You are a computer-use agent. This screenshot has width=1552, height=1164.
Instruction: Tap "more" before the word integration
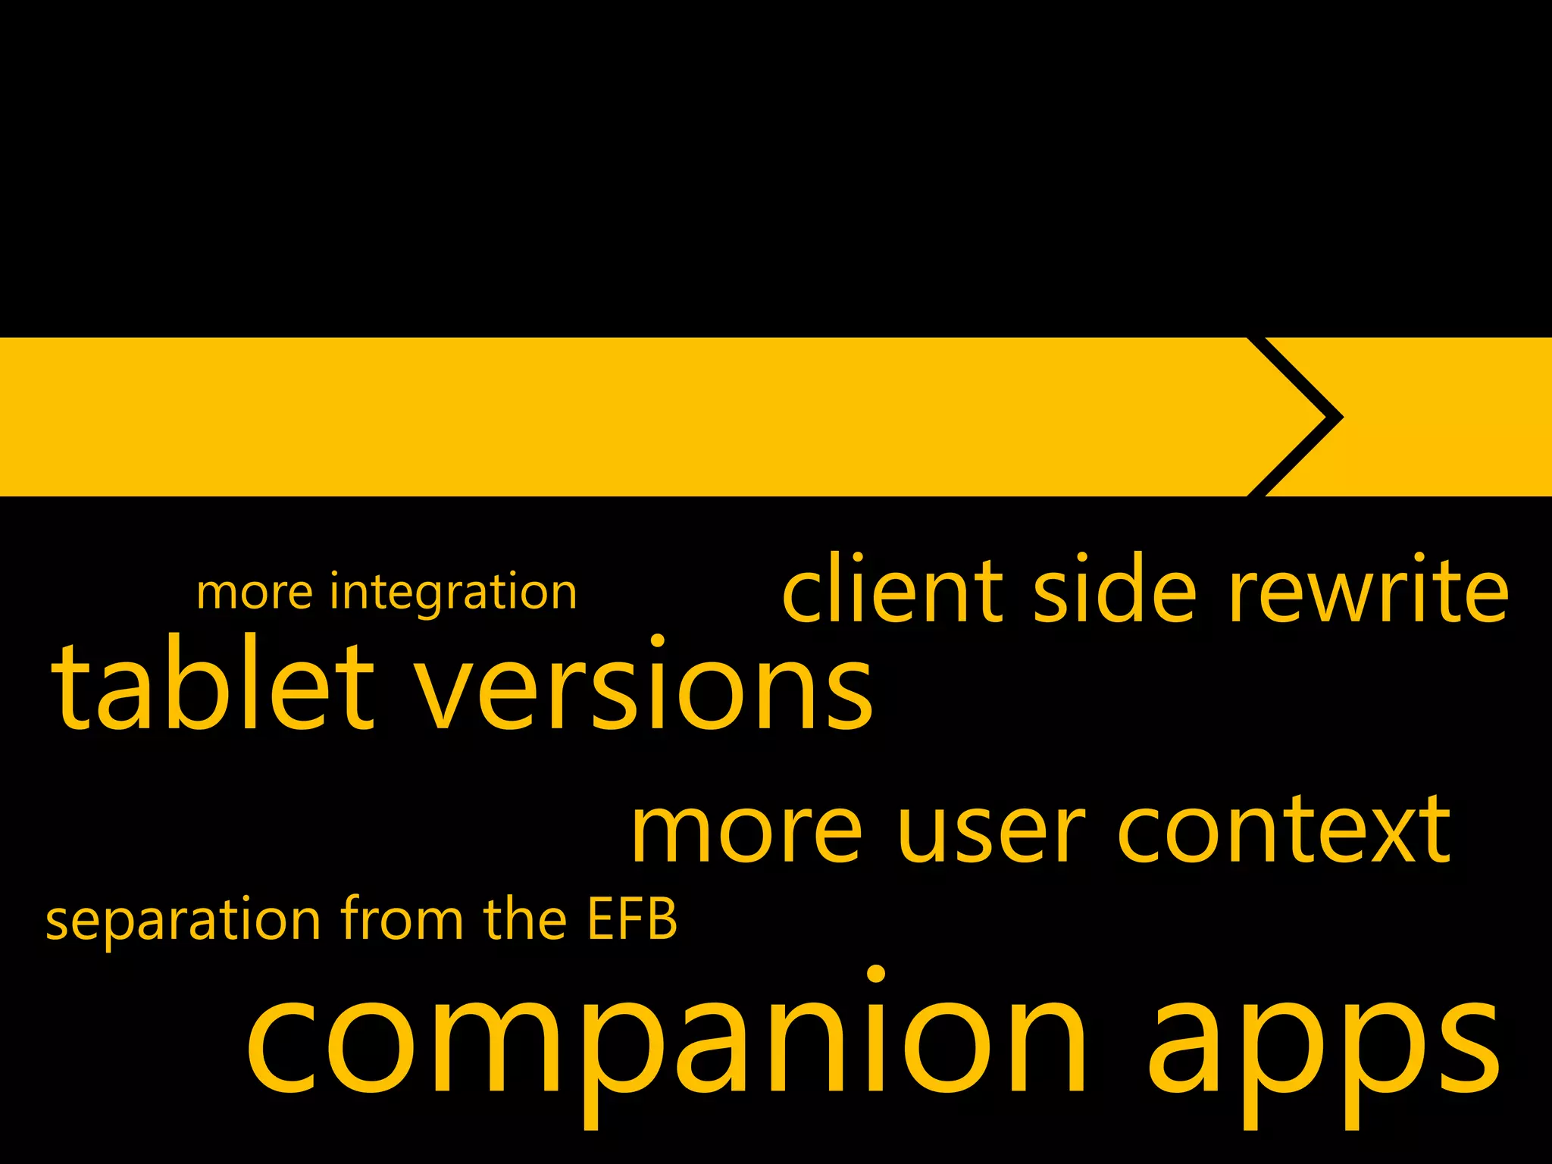point(254,593)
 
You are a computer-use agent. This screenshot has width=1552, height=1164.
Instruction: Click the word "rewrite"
point(1369,590)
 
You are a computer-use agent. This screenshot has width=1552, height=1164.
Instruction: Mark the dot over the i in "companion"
point(876,974)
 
